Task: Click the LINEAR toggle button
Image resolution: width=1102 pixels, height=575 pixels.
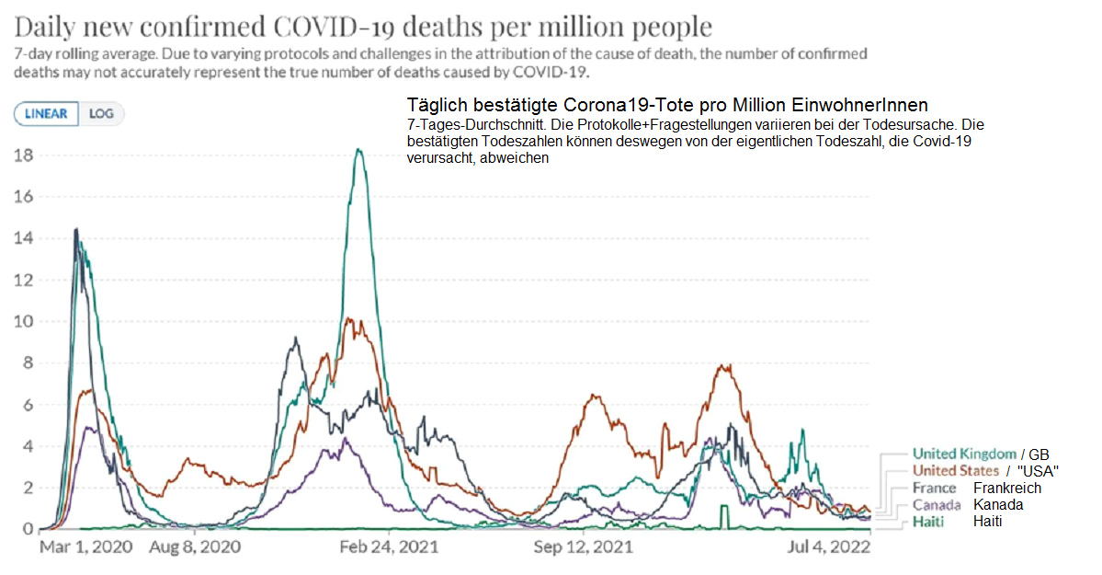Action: (x=46, y=114)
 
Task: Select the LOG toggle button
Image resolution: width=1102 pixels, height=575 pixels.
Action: (x=101, y=114)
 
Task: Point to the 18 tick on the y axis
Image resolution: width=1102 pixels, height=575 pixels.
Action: (x=23, y=155)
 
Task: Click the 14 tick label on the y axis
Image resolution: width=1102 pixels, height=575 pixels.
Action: (x=23, y=238)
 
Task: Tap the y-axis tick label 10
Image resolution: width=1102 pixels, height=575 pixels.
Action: (x=23, y=321)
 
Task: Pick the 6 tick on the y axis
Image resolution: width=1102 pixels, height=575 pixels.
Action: (x=28, y=405)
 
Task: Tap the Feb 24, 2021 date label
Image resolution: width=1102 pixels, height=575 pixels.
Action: (x=389, y=546)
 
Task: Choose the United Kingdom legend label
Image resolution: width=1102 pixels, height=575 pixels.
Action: (x=964, y=454)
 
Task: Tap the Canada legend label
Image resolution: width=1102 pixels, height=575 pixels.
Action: (x=937, y=505)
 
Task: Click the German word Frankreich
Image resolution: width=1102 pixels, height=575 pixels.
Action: (x=1007, y=488)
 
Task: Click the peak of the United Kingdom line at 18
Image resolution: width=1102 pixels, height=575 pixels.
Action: (x=358, y=150)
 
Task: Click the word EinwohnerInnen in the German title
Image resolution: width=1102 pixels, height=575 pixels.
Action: (x=869, y=104)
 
